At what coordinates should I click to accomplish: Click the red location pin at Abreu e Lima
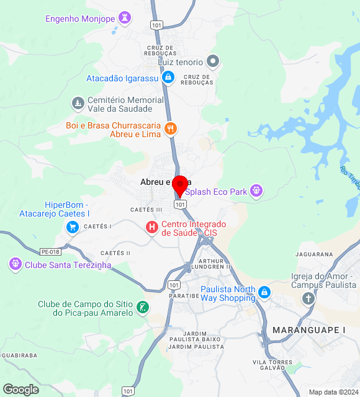point(180,185)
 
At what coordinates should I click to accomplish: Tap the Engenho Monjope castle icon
point(126,18)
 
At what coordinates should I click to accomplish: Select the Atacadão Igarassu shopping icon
point(167,78)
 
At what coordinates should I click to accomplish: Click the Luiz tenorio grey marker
point(214,61)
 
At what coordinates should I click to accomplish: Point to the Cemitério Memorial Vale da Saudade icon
point(78,102)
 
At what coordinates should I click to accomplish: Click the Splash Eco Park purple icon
point(256,191)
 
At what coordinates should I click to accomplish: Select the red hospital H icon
point(151,228)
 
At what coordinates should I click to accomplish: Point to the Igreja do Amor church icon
point(308,298)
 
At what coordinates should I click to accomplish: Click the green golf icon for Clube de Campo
point(143,307)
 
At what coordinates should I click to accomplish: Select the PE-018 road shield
point(50,252)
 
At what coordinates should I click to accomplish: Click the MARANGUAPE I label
point(308,329)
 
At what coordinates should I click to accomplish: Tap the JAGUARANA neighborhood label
point(315,254)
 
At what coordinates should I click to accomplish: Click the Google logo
point(20,390)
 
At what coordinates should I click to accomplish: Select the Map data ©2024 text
point(333,392)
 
